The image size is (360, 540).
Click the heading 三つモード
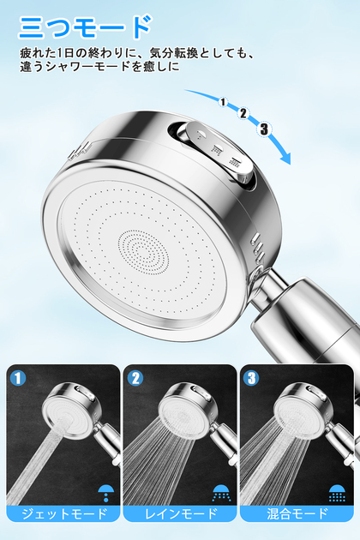coord(84,27)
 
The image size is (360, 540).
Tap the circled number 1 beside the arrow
coord(223,102)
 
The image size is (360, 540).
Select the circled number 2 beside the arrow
coord(243,113)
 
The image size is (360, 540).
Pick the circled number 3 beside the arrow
coord(264,129)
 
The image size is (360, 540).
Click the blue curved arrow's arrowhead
coord(285,158)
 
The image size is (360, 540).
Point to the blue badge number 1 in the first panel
coord(18,378)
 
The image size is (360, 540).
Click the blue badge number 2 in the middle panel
coord(135,378)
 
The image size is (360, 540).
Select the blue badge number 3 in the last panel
coord(251,378)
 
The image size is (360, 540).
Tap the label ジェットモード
coord(64,513)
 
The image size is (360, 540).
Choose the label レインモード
coord(181,513)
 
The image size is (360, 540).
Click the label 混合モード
coord(297,513)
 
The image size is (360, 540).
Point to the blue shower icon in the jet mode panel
coord(105,493)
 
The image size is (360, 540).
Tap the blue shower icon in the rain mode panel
coord(221,493)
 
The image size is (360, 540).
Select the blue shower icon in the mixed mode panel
coord(337,493)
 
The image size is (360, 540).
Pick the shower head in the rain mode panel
coord(189,409)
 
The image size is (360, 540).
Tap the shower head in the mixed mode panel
coord(303,409)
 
